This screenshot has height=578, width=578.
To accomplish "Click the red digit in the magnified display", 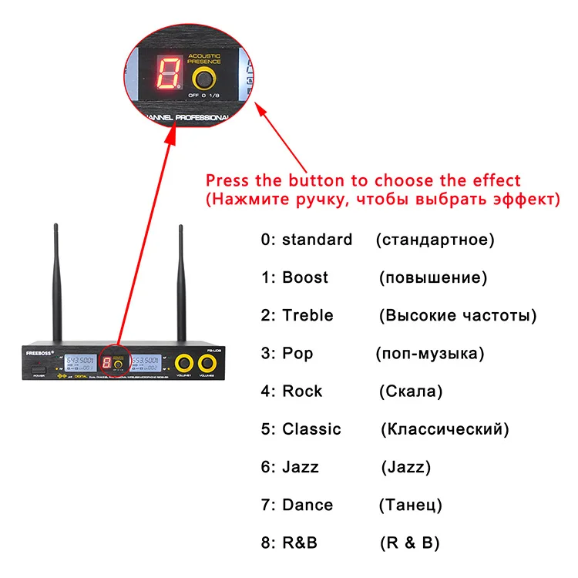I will pyautogui.click(x=167, y=74).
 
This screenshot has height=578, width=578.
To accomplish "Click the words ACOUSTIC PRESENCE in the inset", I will pyautogui.click(x=204, y=59).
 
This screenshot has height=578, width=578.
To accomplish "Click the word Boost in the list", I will pyautogui.click(x=305, y=277).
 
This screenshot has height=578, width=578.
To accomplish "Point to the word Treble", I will pyautogui.click(x=307, y=315).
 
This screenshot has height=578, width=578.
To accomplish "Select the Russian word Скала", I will pyautogui.click(x=411, y=391).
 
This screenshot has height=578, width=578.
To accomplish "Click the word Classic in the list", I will pyautogui.click(x=311, y=429).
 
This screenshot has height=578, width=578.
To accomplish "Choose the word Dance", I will pyautogui.click(x=307, y=506).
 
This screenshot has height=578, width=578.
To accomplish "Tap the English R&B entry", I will pyautogui.click(x=300, y=543).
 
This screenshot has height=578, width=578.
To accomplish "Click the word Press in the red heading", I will pyautogui.click(x=227, y=181).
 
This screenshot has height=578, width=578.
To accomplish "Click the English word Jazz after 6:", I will pyautogui.click(x=301, y=467).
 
